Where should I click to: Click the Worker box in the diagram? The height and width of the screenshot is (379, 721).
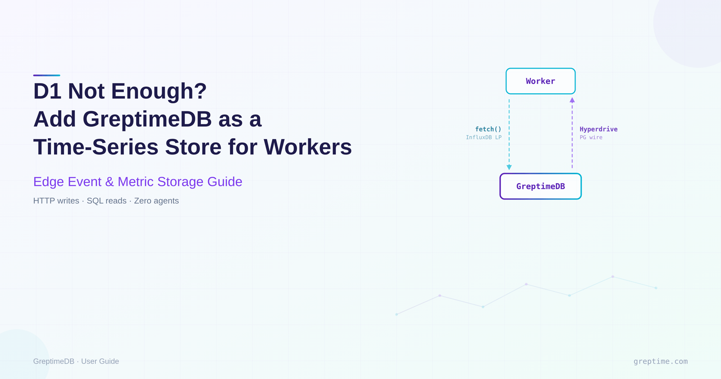540,81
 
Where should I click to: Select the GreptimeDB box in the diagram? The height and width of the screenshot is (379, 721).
540,186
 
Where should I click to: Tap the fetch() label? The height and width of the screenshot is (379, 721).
488,129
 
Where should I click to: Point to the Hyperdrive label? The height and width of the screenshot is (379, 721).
598,129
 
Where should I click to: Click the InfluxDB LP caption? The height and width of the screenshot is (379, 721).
484,138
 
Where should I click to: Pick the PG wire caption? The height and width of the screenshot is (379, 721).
591,138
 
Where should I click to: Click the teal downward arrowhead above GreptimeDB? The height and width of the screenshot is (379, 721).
509,167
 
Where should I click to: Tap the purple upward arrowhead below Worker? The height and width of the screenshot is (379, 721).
572,100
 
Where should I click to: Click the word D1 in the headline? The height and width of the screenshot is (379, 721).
47,91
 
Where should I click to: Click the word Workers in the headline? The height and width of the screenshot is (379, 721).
307,147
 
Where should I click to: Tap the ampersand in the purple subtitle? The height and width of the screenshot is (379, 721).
110,181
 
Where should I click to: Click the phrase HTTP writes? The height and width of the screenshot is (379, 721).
56,201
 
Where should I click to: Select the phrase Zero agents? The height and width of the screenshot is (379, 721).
156,201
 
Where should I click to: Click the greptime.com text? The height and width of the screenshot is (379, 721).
660,361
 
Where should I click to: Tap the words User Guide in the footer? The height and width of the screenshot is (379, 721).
100,361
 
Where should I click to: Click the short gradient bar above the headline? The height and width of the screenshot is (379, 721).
46,75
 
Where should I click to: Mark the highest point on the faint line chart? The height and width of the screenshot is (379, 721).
613,277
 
